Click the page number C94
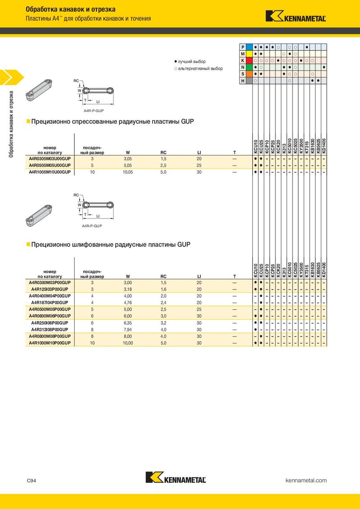point(31,481)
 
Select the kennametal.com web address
point(306,481)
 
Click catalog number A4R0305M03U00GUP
point(50,159)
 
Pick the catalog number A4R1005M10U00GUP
point(50,172)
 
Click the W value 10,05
point(128,172)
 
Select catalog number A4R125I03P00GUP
point(50,289)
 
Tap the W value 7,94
point(128,329)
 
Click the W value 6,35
point(128,323)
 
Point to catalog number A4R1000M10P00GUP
point(50,343)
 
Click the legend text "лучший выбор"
point(191,61)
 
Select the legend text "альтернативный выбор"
point(200,69)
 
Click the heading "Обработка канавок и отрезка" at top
point(71,9)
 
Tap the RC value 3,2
point(164,323)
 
